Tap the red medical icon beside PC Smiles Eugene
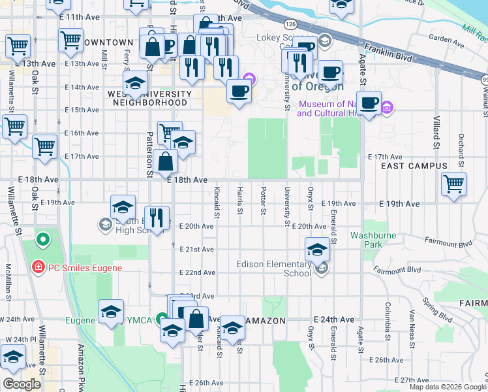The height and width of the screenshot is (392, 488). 38,267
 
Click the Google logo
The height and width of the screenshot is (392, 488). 22,384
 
